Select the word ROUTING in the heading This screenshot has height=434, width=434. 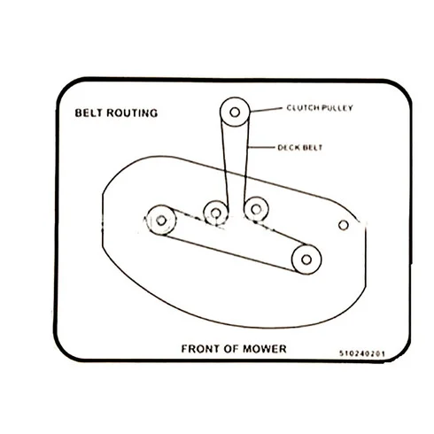[x=132, y=113]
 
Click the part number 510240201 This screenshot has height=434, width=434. [x=362, y=353]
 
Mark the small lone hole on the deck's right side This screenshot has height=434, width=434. [x=344, y=225]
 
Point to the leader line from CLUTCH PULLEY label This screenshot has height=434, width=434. [x=266, y=110]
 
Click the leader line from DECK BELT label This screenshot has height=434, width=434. [x=261, y=147]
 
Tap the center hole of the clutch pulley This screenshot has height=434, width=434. [x=235, y=112]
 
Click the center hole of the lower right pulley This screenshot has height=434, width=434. [x=306, y=260]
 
